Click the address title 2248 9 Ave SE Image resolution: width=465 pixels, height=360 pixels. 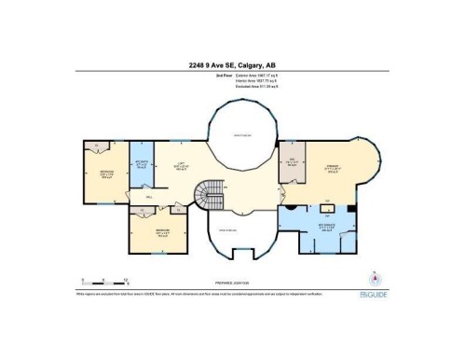click(x=232, y=65)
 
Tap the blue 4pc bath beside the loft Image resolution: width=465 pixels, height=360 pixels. click(x=142, y=168)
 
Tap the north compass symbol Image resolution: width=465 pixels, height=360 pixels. click(x=376, y=280)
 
